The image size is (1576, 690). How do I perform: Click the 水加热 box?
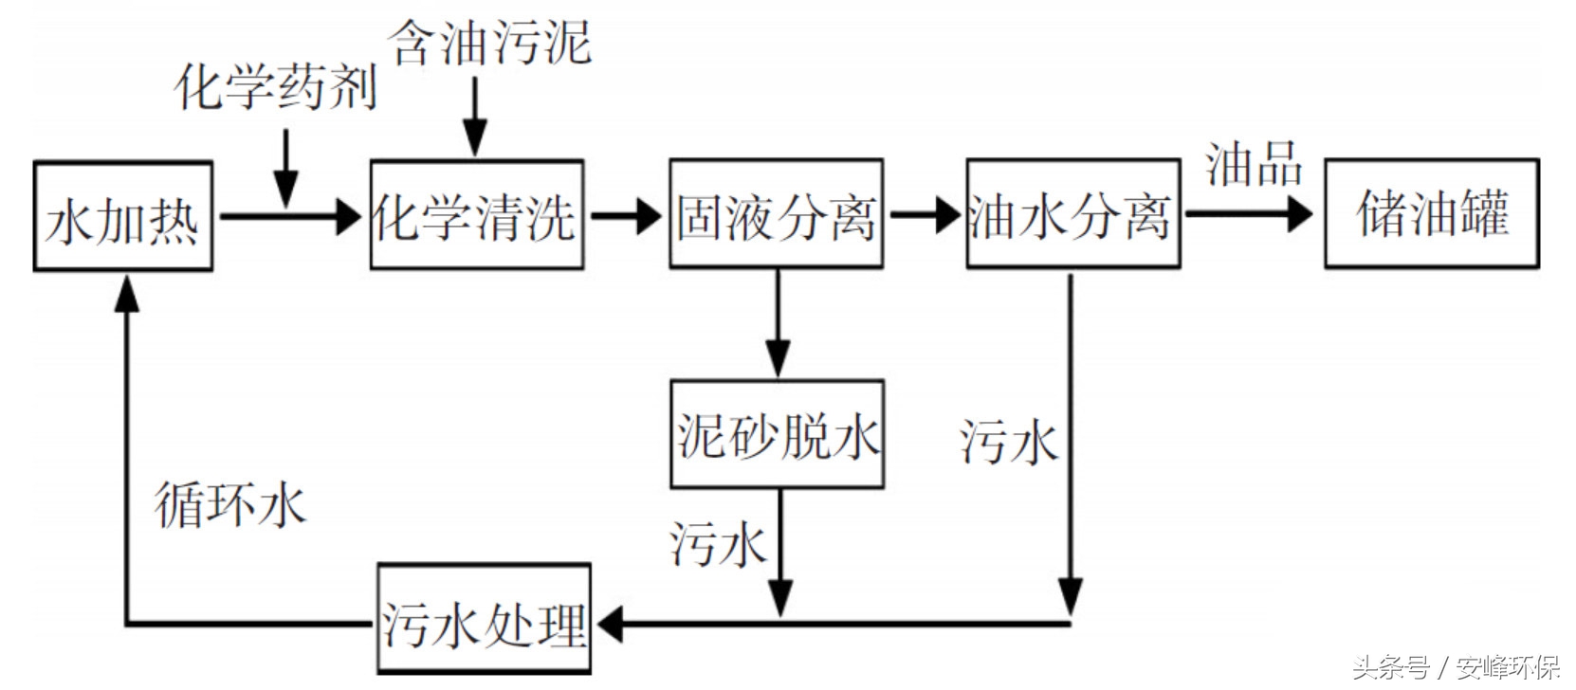pyautogui.click(x=122, y=216)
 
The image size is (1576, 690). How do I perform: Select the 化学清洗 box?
pyautogui.click(x=476, y=215)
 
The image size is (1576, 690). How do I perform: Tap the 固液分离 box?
pyautogui.click(x=776, y=214)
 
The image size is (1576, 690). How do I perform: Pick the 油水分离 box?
pyautogui.click(x=1072, y=214)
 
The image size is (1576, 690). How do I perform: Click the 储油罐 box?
pyautogui.click(x=1431, y=214)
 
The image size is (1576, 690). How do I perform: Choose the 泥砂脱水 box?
pyautogui.click(x=777, y=435)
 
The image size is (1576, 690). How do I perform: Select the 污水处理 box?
pyautogui.click(x=484, y=620)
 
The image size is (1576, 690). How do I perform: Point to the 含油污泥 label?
pyautogui.click(x=489, y=43)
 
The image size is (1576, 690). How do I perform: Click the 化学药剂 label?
pyautogui.click(x=275, y=87)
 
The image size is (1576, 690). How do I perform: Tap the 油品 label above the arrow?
pyautogui.click(x=1254, y=164)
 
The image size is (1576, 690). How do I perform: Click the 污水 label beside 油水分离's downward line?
pyautogui.click(x=1008, y=442)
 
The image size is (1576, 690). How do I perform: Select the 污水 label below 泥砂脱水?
pyautogui.click(x=718, y=544)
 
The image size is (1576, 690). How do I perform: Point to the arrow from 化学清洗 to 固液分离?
pyautogui.click(x=626, y=216)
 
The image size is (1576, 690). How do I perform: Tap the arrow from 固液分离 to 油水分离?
pyautogui.click(x=925, y=214)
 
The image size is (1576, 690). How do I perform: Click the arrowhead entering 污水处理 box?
pyautogui.click(x=610, y=624)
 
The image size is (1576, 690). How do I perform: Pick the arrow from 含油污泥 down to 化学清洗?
pyautogui.click(x=474, y=118)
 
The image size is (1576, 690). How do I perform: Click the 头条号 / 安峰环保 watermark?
pyautogui.click(x=1455, y=667)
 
